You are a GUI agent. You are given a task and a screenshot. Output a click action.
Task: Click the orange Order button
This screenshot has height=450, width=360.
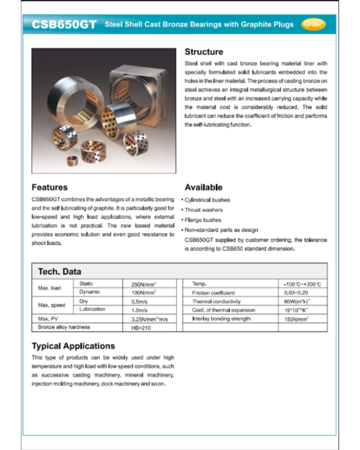(313, 24)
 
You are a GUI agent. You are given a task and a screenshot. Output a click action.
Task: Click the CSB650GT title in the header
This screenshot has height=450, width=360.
(64, 25)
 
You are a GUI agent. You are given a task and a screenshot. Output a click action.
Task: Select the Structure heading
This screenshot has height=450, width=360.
(204, 52)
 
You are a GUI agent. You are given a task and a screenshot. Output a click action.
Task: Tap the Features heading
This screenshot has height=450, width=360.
(50, 187)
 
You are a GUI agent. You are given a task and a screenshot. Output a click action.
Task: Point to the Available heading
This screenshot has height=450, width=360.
(203, 187)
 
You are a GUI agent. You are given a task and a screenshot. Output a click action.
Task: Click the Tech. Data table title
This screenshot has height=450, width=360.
(59, 271)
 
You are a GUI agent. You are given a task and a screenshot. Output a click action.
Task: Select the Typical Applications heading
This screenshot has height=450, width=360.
(73, 346)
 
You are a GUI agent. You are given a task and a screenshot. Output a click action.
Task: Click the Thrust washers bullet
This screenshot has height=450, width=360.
(204, 210)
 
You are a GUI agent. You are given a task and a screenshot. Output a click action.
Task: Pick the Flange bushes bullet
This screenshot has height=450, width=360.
(203, 220)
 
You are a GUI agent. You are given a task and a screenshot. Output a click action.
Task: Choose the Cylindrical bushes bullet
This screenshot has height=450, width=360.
(207, 200)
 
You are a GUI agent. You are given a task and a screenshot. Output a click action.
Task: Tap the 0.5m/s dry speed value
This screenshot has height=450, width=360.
(139, 302)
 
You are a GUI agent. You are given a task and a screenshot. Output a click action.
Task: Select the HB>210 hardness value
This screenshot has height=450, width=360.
(140, 327)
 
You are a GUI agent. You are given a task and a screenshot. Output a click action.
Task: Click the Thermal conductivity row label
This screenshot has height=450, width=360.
(216, 301)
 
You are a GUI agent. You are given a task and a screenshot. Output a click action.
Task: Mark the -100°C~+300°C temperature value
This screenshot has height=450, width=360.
(302, 284)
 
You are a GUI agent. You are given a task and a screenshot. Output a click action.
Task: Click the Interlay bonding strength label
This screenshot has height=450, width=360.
(221, 319)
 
